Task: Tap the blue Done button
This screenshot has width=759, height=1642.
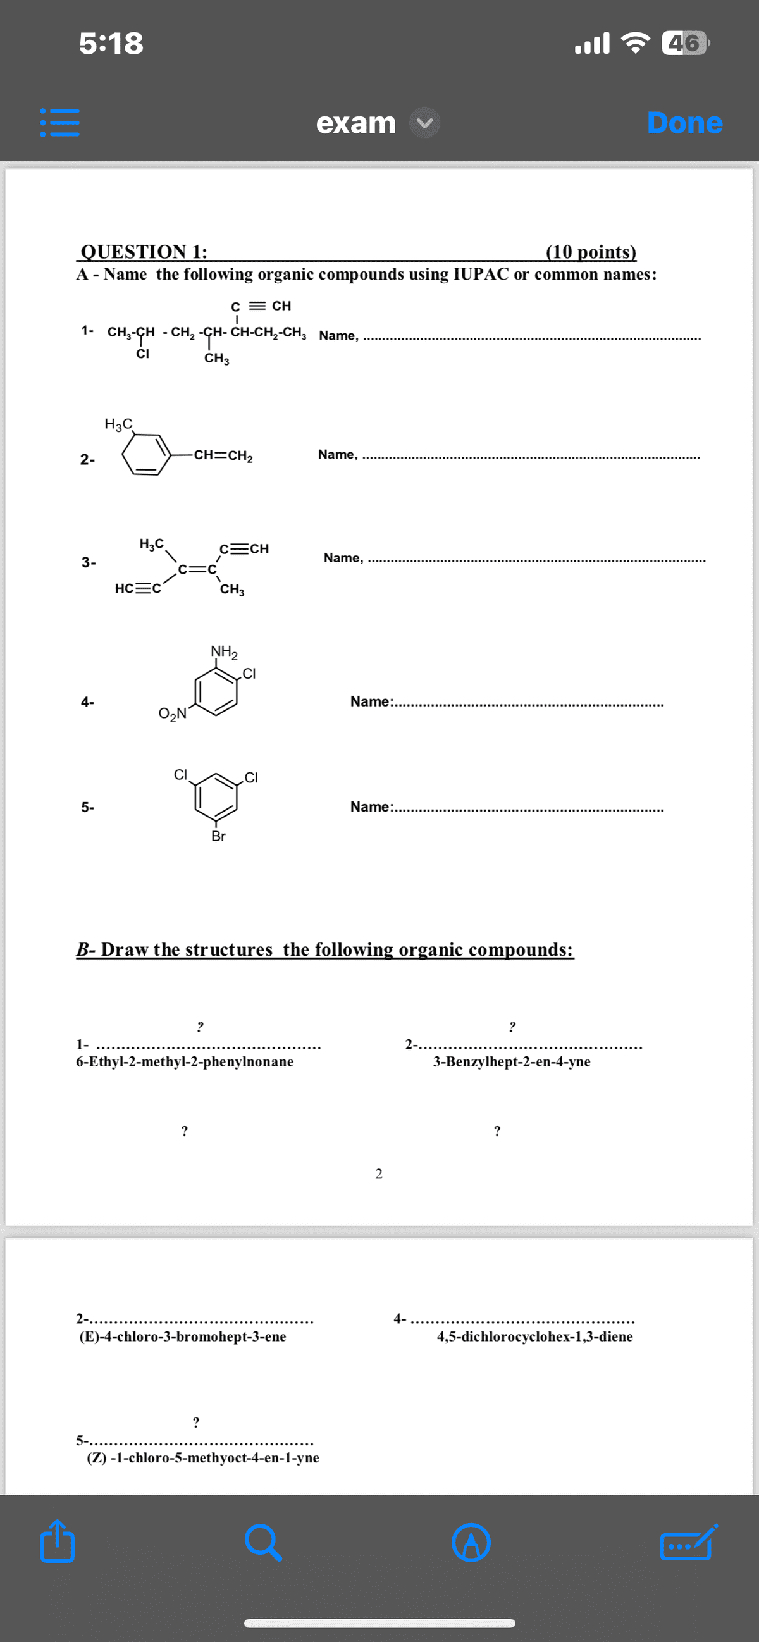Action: (x=684, y=122)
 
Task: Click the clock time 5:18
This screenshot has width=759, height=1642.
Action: (x=111, y=44)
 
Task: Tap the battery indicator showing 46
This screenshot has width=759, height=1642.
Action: (x=684, y=44)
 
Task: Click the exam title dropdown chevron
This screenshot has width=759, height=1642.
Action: (x=424, y=122)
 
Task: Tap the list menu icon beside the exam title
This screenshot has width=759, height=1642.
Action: (x=60, y=122)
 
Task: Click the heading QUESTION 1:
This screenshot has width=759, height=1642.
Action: (x=144, y=251)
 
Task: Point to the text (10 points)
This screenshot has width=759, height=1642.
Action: (x=591, y=251)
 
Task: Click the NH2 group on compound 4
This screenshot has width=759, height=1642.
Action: (x=224, y=651)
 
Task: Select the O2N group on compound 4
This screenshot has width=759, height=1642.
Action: (x=172, y=713)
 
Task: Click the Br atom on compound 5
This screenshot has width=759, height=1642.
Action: (x=218, y=836)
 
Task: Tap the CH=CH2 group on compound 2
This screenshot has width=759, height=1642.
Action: (x=223, y=456)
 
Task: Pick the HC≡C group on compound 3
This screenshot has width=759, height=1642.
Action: (x=138, y=588)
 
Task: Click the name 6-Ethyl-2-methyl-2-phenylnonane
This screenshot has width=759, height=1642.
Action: (x=185, y=1061)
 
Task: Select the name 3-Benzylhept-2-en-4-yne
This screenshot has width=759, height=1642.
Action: (x=512, y=1061)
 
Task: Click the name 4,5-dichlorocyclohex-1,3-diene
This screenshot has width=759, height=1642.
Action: (x=534, y=1336)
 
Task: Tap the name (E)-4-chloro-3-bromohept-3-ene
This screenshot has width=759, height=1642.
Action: (x=182, y=1336)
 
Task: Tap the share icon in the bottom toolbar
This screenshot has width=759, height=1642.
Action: (x=58, y=1543)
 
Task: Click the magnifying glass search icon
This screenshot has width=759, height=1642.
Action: (x=263, y=1543)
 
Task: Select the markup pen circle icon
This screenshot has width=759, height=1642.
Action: (x=471, y=1543)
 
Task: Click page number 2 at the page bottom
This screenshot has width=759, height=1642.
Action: (x=378, y=1173)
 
